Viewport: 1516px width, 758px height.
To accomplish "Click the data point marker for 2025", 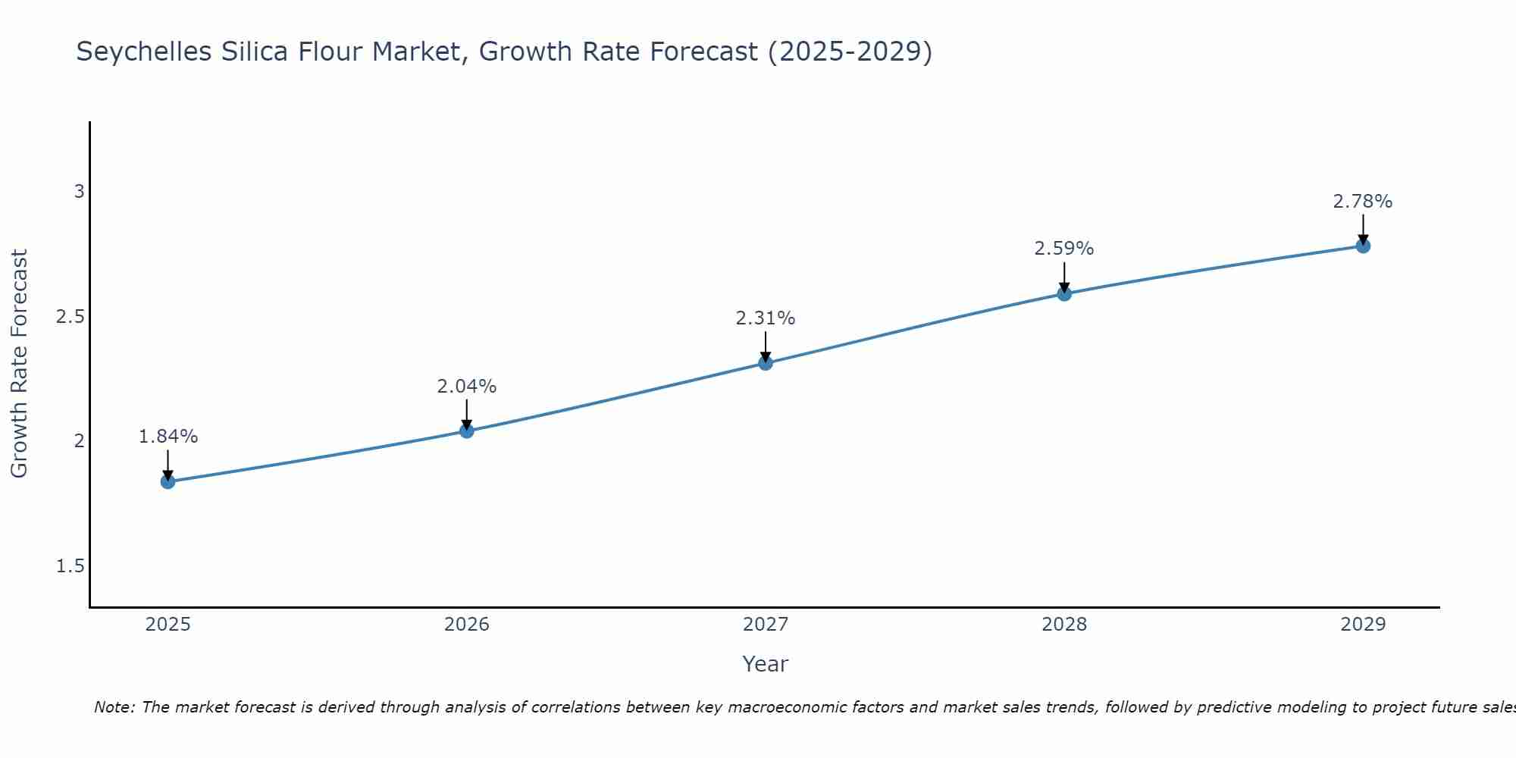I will coord(168,481).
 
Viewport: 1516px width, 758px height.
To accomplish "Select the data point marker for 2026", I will coord(467,431).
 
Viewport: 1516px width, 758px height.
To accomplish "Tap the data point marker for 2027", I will coord(766,363).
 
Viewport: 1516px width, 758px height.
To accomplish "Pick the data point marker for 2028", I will coord(1064,293).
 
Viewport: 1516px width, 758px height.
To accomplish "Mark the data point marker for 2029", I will coord(1363,246).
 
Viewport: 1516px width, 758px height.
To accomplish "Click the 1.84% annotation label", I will coord(168,437).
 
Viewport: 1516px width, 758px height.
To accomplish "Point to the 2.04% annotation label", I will coord(467,387).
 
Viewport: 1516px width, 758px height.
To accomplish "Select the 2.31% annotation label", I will coord(766,318).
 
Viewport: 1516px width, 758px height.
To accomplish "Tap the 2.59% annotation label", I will coord(1064,249).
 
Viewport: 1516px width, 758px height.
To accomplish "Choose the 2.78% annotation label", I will coord(1363,202).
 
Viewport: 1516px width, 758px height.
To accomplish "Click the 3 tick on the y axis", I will coord(79,192).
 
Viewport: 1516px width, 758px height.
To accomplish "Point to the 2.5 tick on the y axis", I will coord(70,317).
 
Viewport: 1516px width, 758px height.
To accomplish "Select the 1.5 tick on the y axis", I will coord(70,566).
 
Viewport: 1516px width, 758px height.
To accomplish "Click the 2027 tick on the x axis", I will coord(766,625).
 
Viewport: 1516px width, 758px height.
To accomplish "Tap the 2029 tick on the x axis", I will coord(1363,625).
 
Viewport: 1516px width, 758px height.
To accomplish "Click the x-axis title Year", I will coord(766,664).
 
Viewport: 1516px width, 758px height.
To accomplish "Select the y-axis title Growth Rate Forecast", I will coord(19,364).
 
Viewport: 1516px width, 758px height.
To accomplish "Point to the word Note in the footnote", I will coord(114,707).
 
